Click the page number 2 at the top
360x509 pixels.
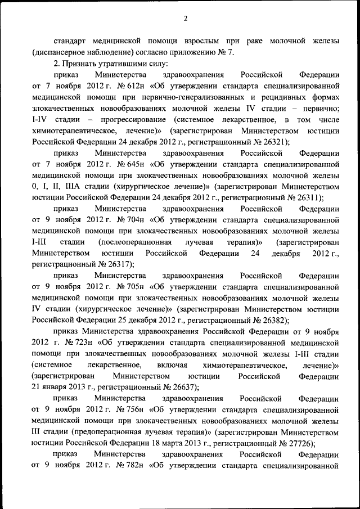[185, 19]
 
